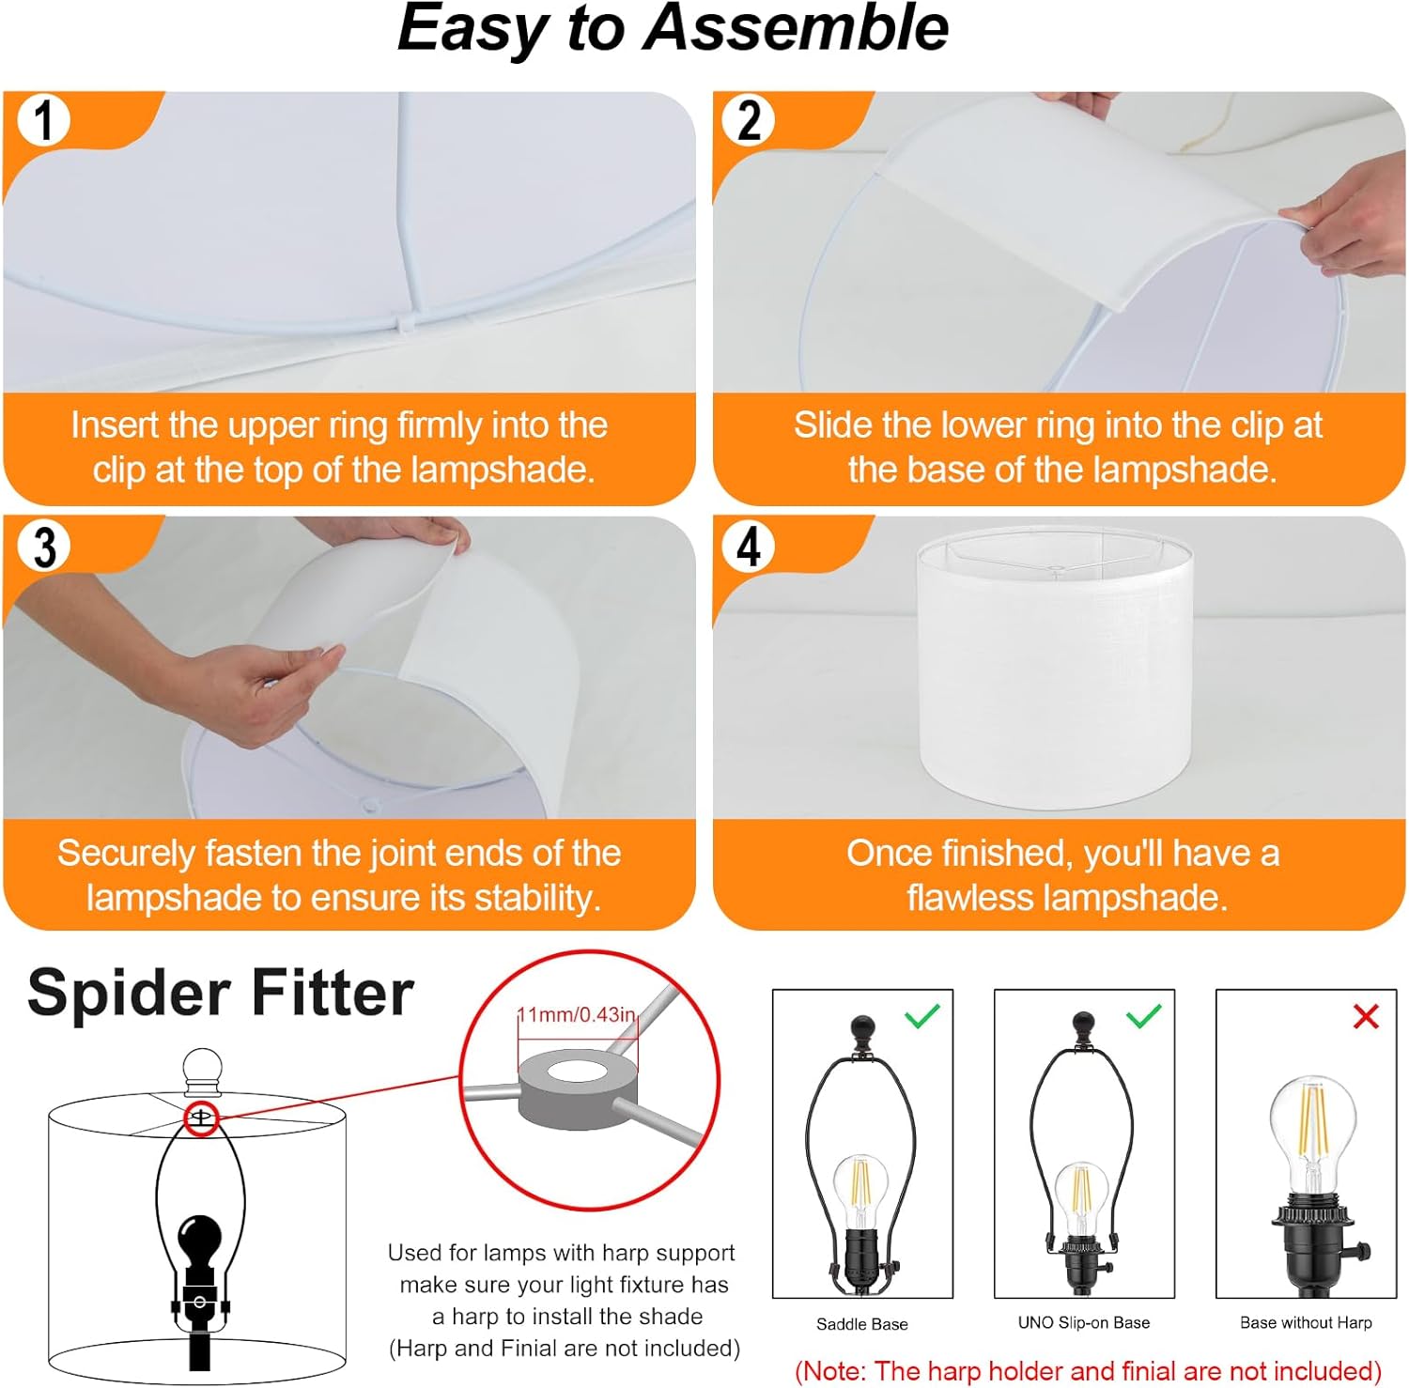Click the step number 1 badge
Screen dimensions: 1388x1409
[43, 121]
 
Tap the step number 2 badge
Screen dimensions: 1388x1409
[748, 121]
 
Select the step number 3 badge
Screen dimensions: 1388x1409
[44, 547]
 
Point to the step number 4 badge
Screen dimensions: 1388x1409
[748, 547]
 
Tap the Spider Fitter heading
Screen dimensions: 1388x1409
[221, 994]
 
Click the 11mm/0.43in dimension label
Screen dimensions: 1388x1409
[577, 1015]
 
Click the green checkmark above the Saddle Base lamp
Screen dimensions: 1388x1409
[921, 1015]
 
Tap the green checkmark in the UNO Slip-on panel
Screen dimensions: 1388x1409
[1143, 1015]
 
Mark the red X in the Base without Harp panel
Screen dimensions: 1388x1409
[1365, 1016]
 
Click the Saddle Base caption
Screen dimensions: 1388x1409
[861, 1324]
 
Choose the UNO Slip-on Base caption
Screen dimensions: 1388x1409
[1083, 1322]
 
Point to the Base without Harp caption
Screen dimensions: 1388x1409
[1305, 1322]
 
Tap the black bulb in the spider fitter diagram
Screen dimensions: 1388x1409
[199, 1240]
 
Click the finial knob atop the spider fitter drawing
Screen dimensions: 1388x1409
[202, 1072]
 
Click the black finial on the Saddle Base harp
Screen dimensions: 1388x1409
[861, 1030]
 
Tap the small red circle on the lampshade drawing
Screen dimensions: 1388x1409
[201, 1118]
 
